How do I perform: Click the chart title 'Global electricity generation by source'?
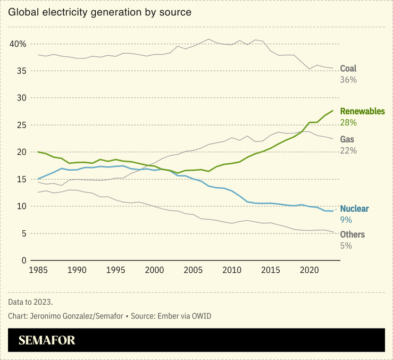click(99, 11)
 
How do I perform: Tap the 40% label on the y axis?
click(18, 44)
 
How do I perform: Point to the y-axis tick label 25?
click(21, 125)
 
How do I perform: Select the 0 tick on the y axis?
click(24, 261)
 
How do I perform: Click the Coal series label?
click(348, 69)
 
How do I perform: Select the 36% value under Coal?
click(348, 80)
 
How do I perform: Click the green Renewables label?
click(362, 112)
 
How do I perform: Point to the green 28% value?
click(348, 123)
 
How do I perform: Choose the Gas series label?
click(347, 139)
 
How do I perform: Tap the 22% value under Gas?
click(348, 150)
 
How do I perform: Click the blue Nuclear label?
click(354, 209)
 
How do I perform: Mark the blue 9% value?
click(346, 220)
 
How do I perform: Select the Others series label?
click(353, 235)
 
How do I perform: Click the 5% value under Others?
click(346, 246)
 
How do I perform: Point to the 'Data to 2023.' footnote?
click(30, 302)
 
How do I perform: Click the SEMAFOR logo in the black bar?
click(47, 340)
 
